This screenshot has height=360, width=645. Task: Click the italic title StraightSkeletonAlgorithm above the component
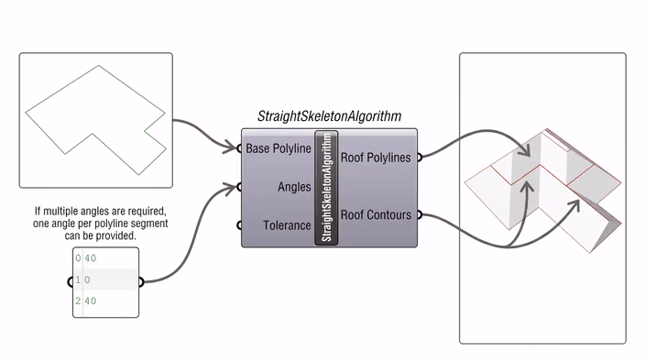330,116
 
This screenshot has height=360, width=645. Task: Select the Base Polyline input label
279,148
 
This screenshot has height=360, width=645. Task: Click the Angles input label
294,187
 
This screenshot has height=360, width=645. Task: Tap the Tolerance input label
287,225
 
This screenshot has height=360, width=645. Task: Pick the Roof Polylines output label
376,158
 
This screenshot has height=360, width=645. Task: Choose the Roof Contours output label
376,214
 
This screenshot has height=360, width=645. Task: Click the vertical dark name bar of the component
326,188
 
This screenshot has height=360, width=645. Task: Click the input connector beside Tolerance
239,225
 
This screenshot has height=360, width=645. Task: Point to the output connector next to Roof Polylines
420,158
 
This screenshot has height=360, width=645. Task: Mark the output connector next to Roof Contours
420,214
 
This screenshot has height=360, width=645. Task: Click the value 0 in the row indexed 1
87,279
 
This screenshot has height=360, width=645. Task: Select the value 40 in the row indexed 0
91,258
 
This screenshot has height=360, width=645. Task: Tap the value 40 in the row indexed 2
91,301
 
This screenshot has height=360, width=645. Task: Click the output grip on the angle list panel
141,282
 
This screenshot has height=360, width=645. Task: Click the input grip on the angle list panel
71,282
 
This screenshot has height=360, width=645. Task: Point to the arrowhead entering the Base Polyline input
231,147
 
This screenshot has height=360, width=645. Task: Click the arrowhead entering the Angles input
230,188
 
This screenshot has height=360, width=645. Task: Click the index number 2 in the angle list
78,301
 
